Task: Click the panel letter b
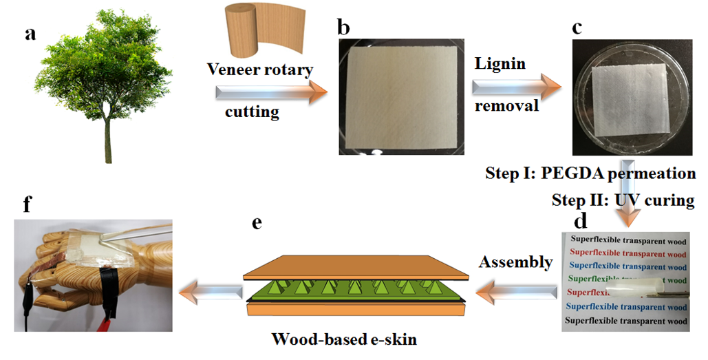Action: pyautogui.click(x=344, y=27)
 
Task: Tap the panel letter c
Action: pyautogui.click(x=577, y=27)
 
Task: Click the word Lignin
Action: pyautogui.click(x=500, y=63)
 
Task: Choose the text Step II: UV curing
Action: pyautogui.click(x=623, y=200)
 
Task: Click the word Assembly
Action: pyautogui.click(x=515, y=262)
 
